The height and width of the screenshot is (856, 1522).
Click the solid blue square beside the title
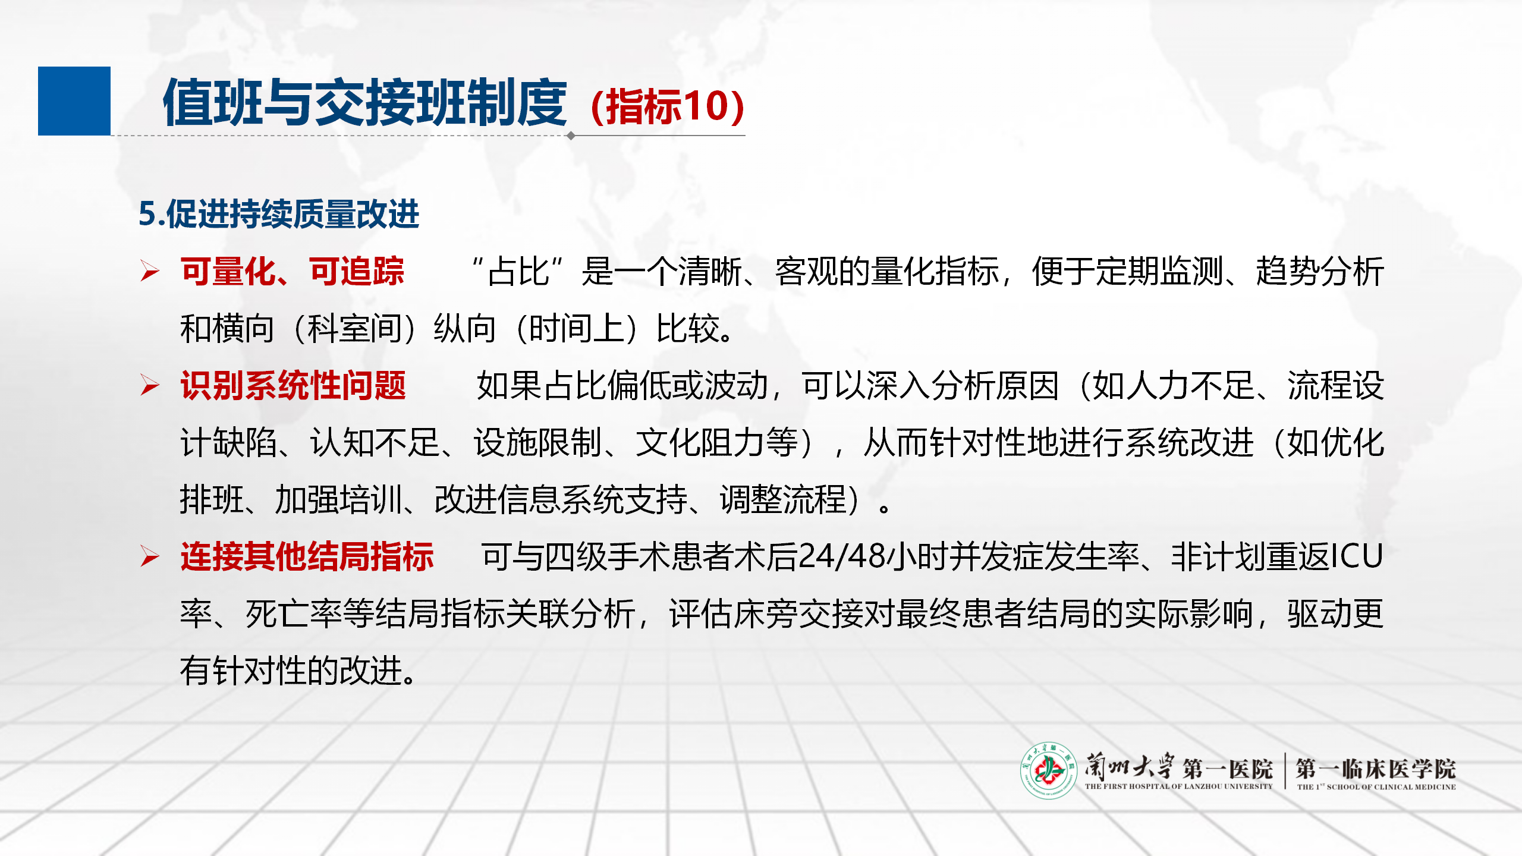pos(74,101)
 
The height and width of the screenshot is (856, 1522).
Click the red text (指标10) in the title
pos(668,106)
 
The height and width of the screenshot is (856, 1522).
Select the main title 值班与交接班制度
pos(365,103)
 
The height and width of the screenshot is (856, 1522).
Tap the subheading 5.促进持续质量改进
pos(279,213)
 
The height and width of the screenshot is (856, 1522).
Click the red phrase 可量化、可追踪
pos(293,271)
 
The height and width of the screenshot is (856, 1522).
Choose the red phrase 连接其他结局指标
pos(307,557)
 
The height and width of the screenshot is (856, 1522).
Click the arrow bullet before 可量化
pos(150,271)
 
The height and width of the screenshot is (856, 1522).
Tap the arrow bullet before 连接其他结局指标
pos(150,557)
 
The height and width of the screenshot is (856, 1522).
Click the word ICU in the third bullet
pos(1357,557)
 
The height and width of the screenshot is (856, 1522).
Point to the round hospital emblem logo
pos(1049,770)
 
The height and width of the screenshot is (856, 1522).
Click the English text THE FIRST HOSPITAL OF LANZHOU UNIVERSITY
pos(1178,786)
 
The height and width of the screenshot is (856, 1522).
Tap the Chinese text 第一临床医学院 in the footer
pos(1376,769)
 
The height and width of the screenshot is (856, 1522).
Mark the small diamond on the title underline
pos(571,136)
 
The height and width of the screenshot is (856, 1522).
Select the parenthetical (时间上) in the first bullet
pos(576,329)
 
